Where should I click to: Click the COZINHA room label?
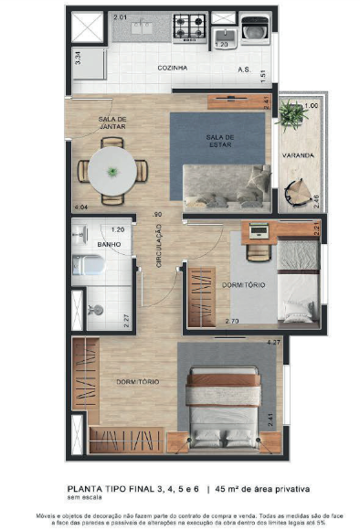[x=172, y=69]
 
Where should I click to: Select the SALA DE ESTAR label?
[x=220, y=140]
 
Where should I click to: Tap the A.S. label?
[x=244, y=69]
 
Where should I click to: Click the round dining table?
[x=111, y=170]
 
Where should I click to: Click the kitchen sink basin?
[x=143, y=27]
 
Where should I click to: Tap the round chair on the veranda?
[x=300, y=193]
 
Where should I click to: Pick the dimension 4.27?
[x=271, y=343]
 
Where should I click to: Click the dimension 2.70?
[x=231, y=322]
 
